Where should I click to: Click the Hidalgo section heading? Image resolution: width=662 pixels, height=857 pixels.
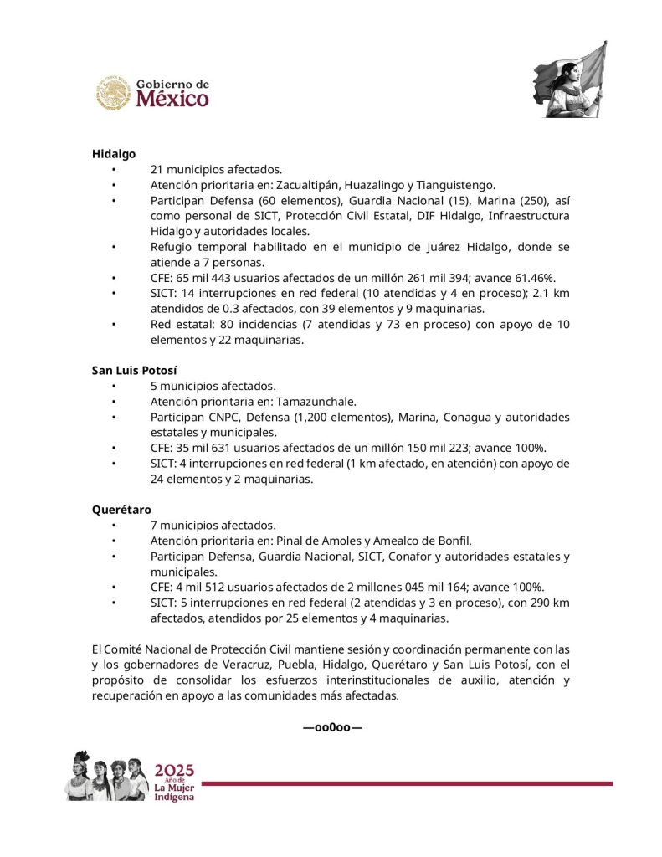(x=113, y=154)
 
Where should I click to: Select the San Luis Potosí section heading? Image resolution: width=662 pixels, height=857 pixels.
(x=135, y=369)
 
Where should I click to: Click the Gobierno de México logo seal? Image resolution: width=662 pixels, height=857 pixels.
(x=113, y=93)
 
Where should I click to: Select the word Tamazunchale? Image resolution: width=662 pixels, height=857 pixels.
(x=316, y=401)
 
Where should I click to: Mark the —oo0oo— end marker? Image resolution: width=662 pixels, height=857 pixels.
(x=332, y=727)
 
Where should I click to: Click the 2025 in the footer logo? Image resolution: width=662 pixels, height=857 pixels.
(x=174, y=770)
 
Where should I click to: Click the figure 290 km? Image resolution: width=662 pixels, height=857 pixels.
(x=545, y=603)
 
